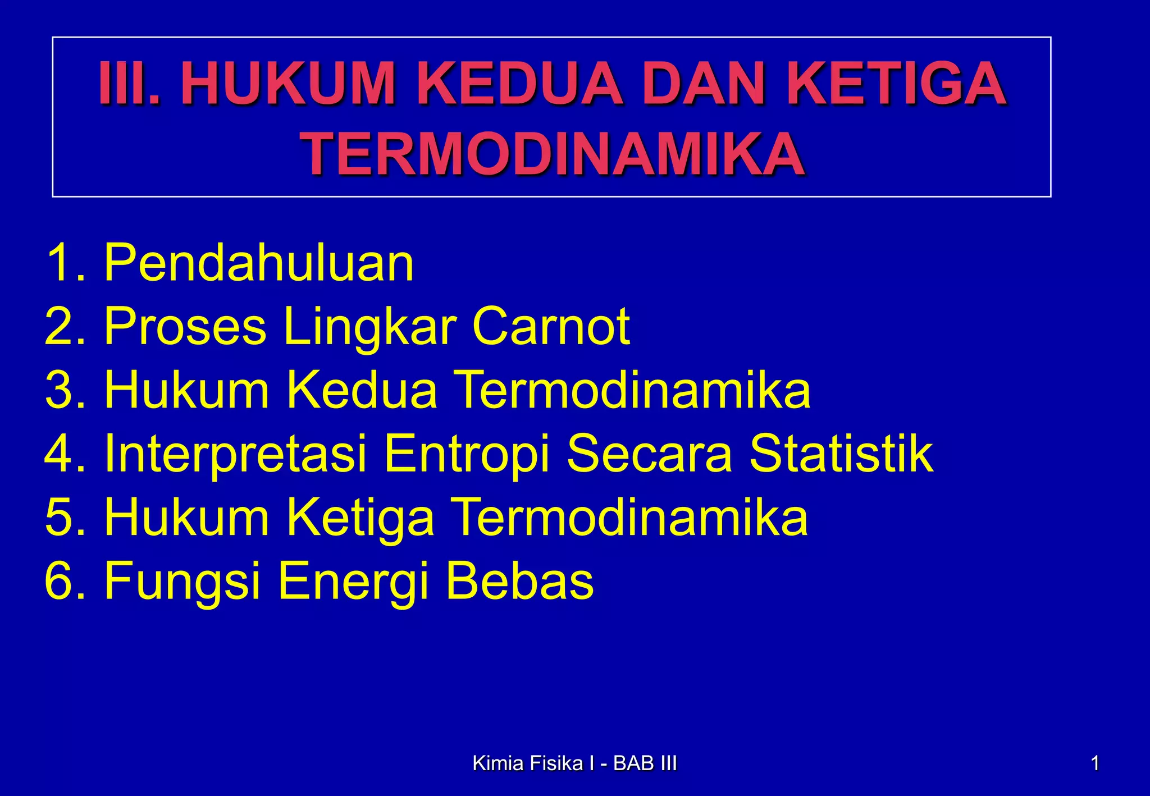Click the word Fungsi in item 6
[182, 582]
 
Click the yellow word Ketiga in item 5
[360, 519]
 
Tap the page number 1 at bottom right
[1094, 763]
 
